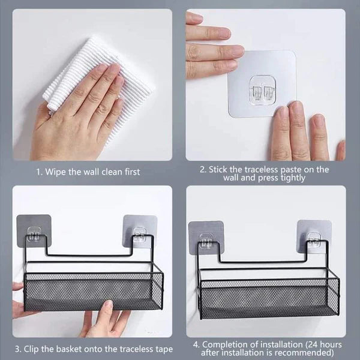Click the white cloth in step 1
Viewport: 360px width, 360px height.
(x=120, y=72)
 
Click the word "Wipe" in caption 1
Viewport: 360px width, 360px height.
(x=57, y=172)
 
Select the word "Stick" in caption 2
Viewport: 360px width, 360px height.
(x=220, y=169)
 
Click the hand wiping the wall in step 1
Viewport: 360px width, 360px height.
(x=78, y=114)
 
